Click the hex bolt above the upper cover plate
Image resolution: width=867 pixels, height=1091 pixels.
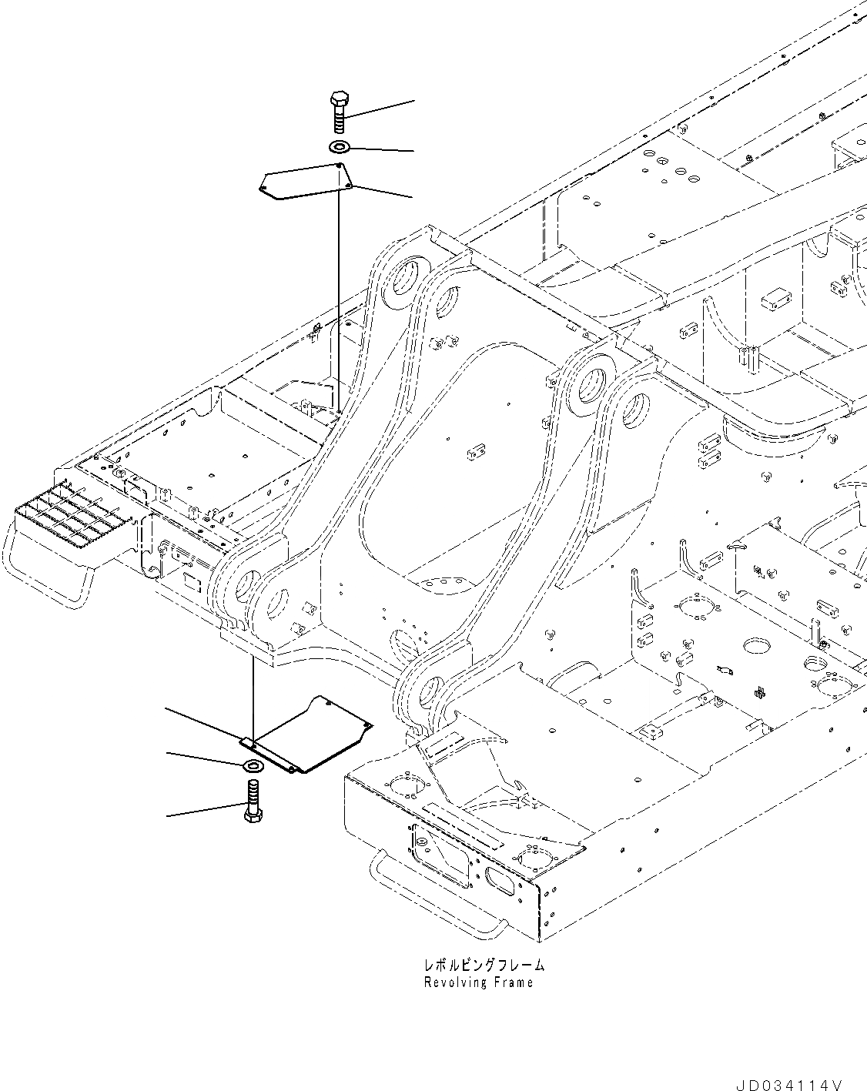pos(339,113)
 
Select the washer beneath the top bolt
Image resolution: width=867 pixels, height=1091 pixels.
pos(340,146)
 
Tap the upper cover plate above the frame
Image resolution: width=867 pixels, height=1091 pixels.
pos(304,182)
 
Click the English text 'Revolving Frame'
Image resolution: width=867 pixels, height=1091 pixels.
pos(478,982)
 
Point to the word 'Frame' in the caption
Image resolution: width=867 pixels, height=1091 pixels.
pos(514,982)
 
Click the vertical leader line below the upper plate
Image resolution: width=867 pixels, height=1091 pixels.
pos(339,300)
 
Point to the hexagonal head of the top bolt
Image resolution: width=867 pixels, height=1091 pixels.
pos(339,99)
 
